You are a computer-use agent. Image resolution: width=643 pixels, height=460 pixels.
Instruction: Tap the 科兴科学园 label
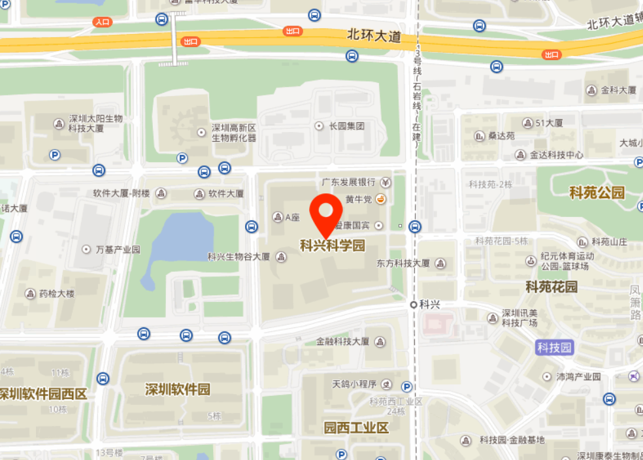click(332, 246)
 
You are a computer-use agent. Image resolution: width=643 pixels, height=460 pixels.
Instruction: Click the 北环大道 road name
click(374, 36)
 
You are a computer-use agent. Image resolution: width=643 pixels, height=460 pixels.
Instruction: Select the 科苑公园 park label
click(597, 193)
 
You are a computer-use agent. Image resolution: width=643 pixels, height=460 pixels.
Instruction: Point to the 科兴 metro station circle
click(414, 304)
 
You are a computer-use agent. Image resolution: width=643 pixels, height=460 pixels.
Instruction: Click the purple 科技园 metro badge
click(554, 347)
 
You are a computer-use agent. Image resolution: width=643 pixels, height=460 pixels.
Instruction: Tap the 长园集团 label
click(346, 125)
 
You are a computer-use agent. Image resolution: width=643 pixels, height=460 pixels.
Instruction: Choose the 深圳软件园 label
click(177, 389)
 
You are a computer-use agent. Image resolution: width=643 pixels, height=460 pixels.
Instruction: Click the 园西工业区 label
click(356, 428)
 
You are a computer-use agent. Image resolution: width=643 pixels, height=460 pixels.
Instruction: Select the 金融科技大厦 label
click(342, 342)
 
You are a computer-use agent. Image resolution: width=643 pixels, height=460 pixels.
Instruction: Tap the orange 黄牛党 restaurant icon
click(380, 199)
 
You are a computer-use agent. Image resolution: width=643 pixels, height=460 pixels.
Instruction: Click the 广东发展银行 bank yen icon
click(386, 182)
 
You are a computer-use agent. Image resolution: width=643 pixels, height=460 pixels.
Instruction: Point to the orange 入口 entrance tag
click(103, 22)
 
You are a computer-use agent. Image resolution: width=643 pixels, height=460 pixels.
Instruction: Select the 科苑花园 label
click(552, 287)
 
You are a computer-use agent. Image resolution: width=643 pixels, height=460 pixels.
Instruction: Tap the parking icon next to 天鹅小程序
click(406, 387)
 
